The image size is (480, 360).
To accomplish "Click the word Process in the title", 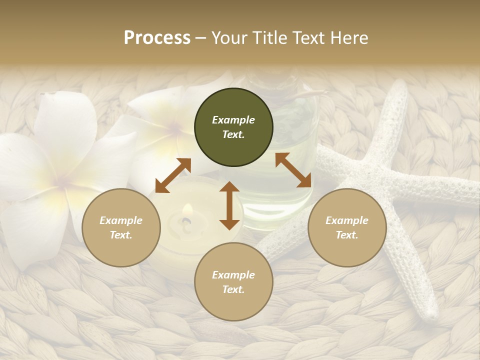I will point(157,38).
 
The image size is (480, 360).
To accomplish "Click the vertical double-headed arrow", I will point(229,205).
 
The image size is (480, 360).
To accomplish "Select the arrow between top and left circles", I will point(173,175).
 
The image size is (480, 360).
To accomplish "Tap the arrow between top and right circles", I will point(293,170).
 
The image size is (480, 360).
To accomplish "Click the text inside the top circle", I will point(233,127).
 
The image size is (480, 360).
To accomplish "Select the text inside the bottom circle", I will point(233,282).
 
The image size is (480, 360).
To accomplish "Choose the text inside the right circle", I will point(347,227).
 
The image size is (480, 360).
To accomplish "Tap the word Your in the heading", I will point(229,38).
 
